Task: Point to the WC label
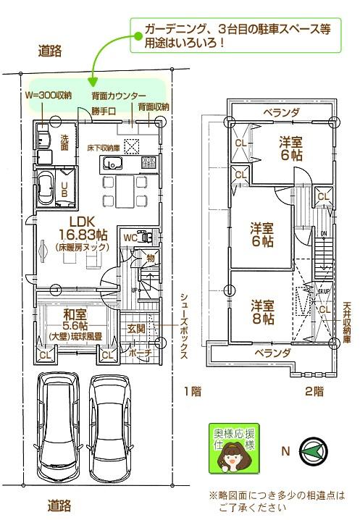131,237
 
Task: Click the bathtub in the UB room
49,190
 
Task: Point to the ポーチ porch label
139,353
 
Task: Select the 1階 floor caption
191,391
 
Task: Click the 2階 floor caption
314,391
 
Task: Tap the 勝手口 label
104,111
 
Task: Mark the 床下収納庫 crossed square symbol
132,146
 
